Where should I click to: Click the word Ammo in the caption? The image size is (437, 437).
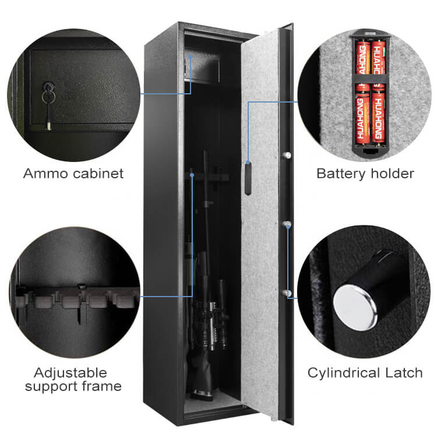[x=46, y=174]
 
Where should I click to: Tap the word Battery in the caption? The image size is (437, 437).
[x=341, y=174]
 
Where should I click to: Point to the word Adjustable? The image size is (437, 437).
[x=71, y=373]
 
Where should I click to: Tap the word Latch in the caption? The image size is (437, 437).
[x=404, y=373]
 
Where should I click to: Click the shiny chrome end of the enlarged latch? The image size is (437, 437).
[x=355, y=308]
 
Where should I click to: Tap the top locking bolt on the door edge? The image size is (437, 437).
[x=287, y=155]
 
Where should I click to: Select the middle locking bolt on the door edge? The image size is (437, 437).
[x=287, y=224]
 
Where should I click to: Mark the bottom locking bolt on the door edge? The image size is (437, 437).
[x=287, y=293]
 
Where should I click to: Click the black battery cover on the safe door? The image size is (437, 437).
[x=248, y=178]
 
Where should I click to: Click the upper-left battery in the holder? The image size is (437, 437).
[x=362, y=58]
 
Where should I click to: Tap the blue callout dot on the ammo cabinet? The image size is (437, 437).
[x=191, y=57]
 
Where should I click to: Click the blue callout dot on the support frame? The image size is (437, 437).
[x=192, y=175]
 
